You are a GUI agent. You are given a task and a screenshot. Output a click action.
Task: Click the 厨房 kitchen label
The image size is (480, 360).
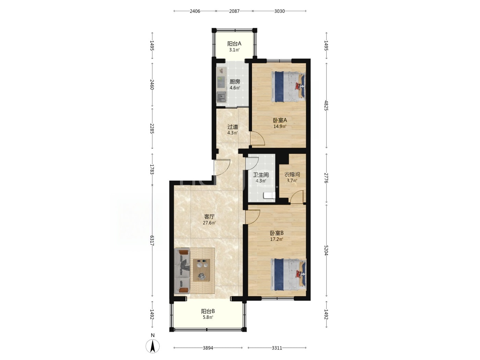235,82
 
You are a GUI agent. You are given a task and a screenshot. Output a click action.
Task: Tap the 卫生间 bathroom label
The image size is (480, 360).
261,175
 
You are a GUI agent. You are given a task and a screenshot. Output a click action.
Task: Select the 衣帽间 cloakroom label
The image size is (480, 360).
292,175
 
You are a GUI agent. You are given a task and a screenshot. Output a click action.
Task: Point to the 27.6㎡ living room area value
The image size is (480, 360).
209,223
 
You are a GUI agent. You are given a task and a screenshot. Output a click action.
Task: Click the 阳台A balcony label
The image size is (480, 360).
234,44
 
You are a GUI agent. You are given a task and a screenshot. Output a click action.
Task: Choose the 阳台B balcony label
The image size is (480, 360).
208,311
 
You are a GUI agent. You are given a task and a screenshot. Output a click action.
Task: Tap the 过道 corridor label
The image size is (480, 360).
233,127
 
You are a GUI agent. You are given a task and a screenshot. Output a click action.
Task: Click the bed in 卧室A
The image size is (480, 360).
288,86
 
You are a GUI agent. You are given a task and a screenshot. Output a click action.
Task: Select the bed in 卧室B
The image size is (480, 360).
288,275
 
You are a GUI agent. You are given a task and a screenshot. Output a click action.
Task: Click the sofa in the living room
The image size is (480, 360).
182,271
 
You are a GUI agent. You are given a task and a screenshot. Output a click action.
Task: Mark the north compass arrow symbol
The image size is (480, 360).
153,346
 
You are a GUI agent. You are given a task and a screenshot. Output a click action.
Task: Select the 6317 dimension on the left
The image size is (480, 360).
152,240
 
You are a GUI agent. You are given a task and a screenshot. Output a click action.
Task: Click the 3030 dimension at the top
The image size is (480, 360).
279,11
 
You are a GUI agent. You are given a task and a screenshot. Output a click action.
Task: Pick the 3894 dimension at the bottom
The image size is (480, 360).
208,348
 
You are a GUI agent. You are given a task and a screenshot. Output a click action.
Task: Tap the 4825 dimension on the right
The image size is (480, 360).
326,105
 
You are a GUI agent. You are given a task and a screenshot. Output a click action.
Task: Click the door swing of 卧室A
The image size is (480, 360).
257,138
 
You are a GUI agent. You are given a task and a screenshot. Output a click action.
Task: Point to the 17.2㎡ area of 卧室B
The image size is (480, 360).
277,239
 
